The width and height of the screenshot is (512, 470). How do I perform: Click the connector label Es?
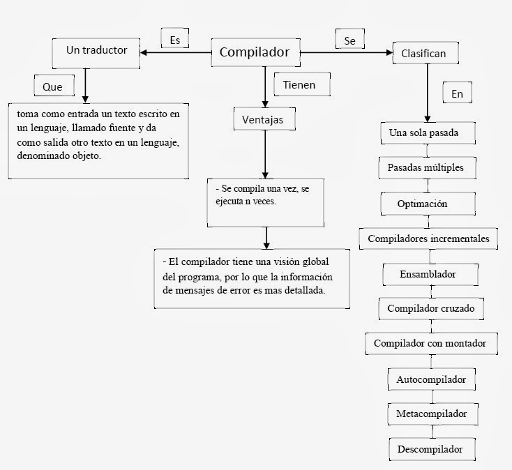174,40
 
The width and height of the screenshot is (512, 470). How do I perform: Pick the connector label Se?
349,41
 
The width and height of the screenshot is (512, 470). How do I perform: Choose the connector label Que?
52,86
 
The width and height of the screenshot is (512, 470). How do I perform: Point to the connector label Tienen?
299,85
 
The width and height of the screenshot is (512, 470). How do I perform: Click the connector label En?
457,93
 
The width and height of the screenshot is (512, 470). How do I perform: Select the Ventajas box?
264,120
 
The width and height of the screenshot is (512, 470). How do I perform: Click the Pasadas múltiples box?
425,168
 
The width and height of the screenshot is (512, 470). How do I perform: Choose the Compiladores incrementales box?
428,238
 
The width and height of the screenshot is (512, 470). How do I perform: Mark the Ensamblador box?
427,273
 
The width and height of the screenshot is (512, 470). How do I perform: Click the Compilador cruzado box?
425,308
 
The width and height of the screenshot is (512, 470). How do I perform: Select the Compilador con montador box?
435,343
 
